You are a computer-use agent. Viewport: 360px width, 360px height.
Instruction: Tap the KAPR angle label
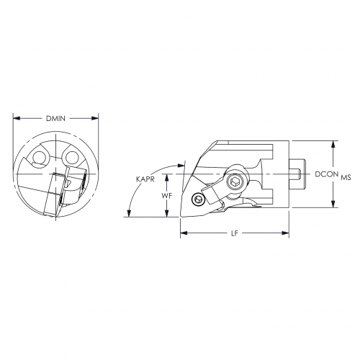click(x=146, y=179)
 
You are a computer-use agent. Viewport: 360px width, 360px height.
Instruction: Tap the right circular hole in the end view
click(x=71, y=158)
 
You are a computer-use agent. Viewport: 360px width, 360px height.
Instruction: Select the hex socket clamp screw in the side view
click(x=235, y=184)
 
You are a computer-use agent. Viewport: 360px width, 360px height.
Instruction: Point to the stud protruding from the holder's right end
click(x=298, y=174)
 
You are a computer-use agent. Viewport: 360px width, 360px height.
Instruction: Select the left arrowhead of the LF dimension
click(x=181, y=233)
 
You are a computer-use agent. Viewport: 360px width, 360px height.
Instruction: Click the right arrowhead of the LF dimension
click(x=287, y=233)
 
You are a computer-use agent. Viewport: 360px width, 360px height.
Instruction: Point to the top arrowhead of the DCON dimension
click(x=333, y=143)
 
